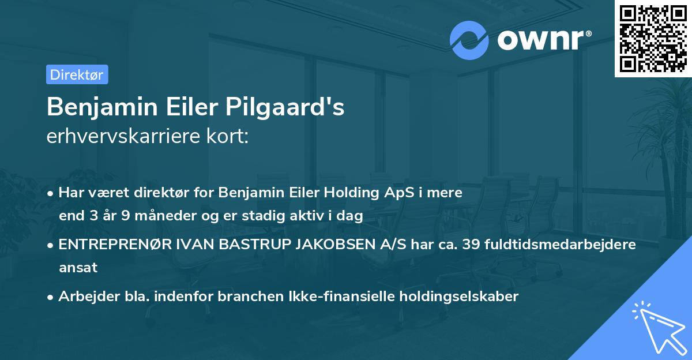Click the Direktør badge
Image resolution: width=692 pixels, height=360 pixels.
click(77, 74)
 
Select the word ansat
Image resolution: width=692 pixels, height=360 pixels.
click(78, 268)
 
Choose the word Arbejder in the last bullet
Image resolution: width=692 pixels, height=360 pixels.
click(83, 297)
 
